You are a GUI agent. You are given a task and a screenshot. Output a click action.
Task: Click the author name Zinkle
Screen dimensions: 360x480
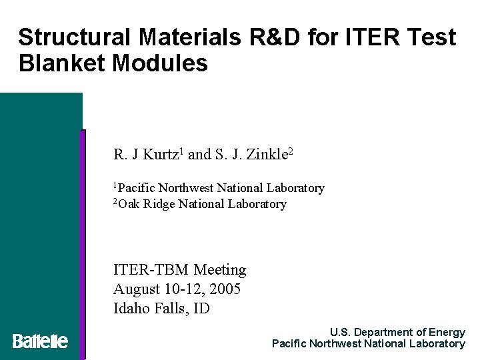(267, 155)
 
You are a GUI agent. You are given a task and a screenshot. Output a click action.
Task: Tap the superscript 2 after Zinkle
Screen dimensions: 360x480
(291, 153)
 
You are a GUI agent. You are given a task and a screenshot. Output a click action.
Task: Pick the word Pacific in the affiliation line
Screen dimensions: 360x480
(137, 189)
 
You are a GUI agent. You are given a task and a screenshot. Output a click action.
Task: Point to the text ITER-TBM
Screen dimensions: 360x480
(151, 270)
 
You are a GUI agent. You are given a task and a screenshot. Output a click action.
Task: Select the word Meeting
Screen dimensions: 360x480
(220, 270)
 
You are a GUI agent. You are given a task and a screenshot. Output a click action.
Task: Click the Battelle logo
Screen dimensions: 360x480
(40, 341)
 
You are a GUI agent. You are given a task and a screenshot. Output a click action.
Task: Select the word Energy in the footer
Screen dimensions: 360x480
(447, 332)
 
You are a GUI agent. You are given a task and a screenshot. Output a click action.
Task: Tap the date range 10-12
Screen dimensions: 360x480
(182, 289)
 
